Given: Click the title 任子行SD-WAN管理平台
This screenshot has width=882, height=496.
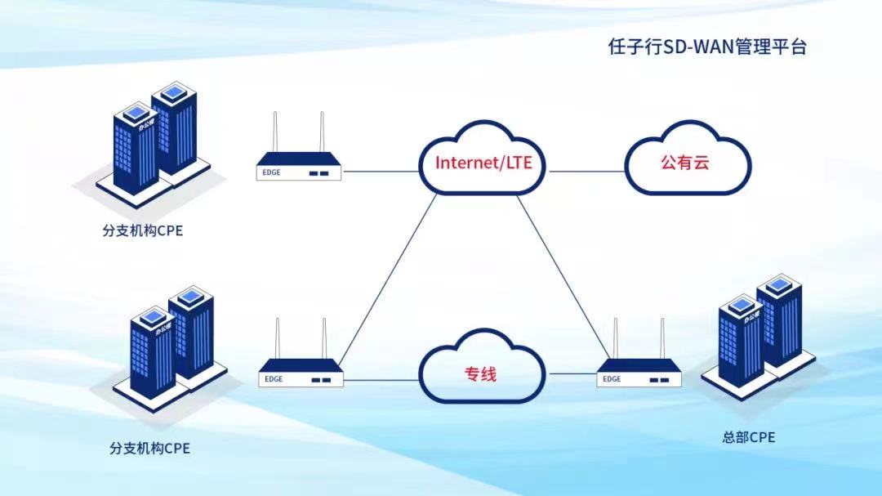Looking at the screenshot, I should (x=707, y=47).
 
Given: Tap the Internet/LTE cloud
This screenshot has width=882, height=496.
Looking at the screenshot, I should (x=483, y=162).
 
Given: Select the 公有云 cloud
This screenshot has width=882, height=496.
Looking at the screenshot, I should (x=685, y=162).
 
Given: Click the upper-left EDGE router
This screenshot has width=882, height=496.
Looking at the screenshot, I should (x=298, y=164).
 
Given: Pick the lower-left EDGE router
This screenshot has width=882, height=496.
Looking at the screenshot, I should (x=301, y=372).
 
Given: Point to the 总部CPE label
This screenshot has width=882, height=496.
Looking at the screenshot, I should (x=748, y=437).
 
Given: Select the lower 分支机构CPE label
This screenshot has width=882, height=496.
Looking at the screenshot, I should (x=149, y=448).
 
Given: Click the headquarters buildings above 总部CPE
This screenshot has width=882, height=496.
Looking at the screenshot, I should (x=758, y=335).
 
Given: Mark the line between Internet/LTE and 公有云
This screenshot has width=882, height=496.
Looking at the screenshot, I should (x=586, y=172).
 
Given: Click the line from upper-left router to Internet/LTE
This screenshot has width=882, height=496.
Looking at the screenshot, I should (x=380, y=172).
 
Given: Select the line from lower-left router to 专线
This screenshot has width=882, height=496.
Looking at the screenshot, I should (x=382, y=379).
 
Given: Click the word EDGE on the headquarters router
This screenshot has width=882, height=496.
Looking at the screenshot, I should (x=612, y=379).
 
